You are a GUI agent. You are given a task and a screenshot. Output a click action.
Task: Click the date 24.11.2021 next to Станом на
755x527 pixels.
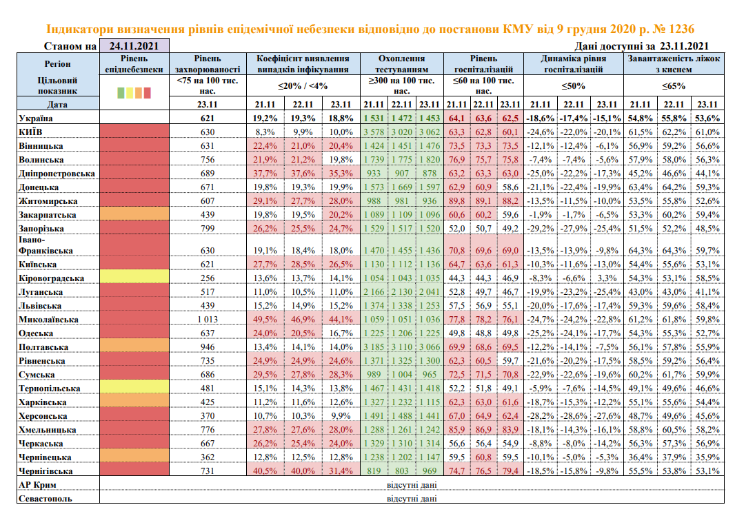134,46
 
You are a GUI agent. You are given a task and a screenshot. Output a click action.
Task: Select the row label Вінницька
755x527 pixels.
41,145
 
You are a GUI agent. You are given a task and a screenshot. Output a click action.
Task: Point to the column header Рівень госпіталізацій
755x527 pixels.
483,64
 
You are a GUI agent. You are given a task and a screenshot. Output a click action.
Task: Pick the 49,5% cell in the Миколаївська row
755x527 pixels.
265,319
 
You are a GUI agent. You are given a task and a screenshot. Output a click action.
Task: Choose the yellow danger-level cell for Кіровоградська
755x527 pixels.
134,278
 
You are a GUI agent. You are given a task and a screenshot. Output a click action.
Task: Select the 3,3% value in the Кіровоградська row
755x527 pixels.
606,278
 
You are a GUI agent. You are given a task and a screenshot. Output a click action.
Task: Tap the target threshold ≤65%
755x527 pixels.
674,86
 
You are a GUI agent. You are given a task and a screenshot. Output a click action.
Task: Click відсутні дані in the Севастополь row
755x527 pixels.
412,499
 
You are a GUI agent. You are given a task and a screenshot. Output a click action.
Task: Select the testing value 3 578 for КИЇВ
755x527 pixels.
373,132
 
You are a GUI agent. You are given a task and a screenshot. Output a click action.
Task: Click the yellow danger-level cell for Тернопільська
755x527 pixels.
134,388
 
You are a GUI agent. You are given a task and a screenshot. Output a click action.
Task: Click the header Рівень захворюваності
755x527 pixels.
208,64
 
